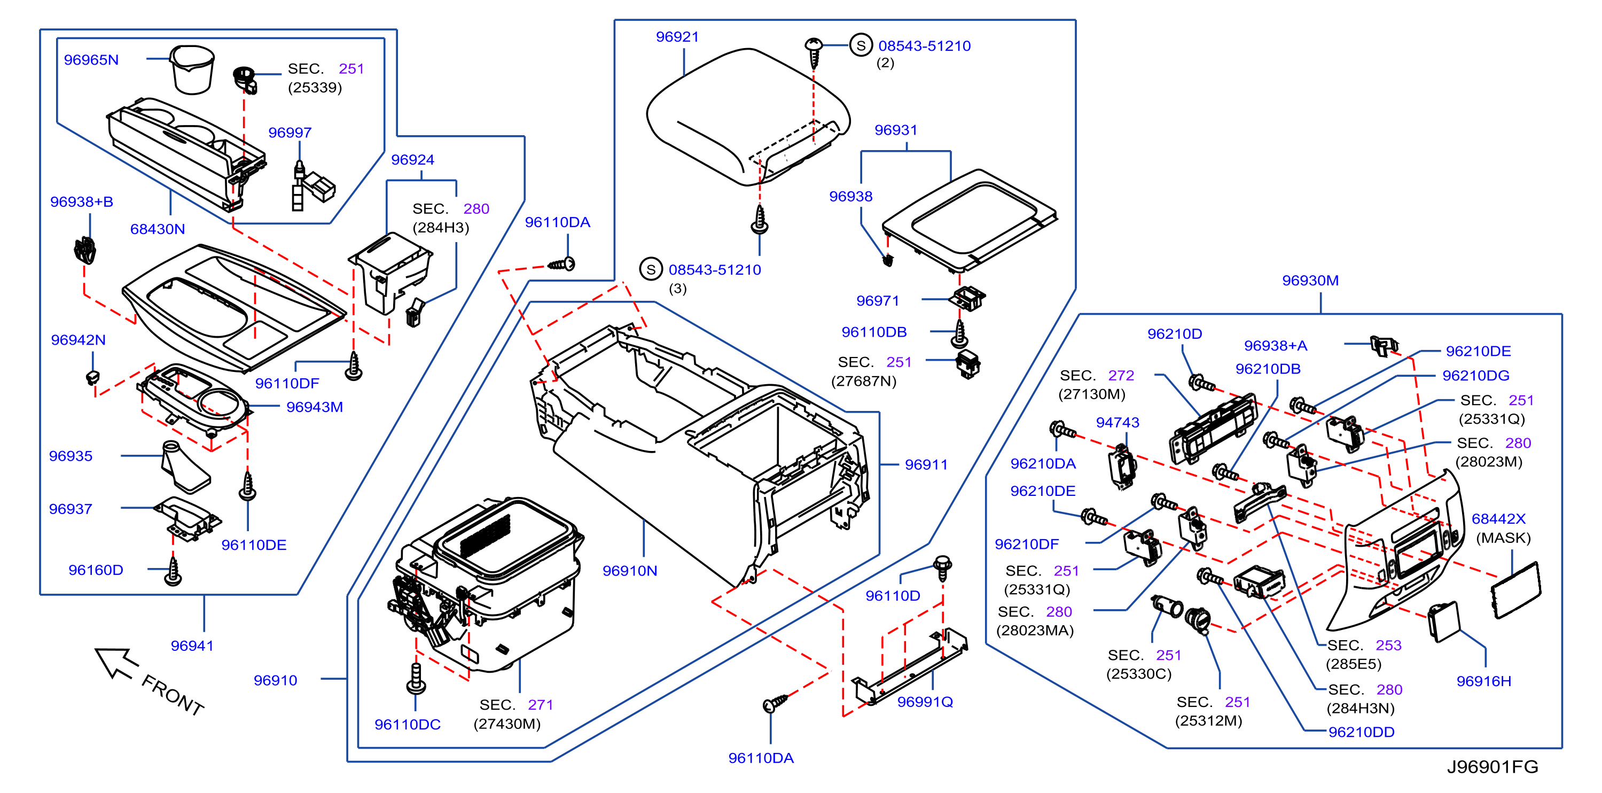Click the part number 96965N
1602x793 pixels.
click(x=91, y=60)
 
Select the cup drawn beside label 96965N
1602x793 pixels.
click(x=192, y=69)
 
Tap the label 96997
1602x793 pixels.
click(x=290, y=133)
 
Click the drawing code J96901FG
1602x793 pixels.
click(x=1492, y=766)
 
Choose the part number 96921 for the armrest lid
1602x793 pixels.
click(x=677, y=37)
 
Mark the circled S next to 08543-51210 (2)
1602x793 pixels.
click(x=861, y=45)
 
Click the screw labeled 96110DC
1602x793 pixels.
click(x=416, y=679)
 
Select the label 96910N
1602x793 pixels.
click(x=629, y=570)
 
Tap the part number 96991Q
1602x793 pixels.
click(x=925, y=702)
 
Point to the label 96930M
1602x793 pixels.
click(x=1310, y=281)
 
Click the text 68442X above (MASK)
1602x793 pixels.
click(x=1498, y=519)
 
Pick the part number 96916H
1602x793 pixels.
click(x=1483, y=681)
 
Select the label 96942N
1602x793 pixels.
click(x=79, y=340)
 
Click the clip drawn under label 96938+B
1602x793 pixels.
click(x=84, y=250)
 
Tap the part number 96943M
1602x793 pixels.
click(x=315, y=407)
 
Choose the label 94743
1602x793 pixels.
click(x=1118, y=422)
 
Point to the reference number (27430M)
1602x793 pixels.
click(x=507, y=724)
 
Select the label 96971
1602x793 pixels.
click(x=878, y=300)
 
